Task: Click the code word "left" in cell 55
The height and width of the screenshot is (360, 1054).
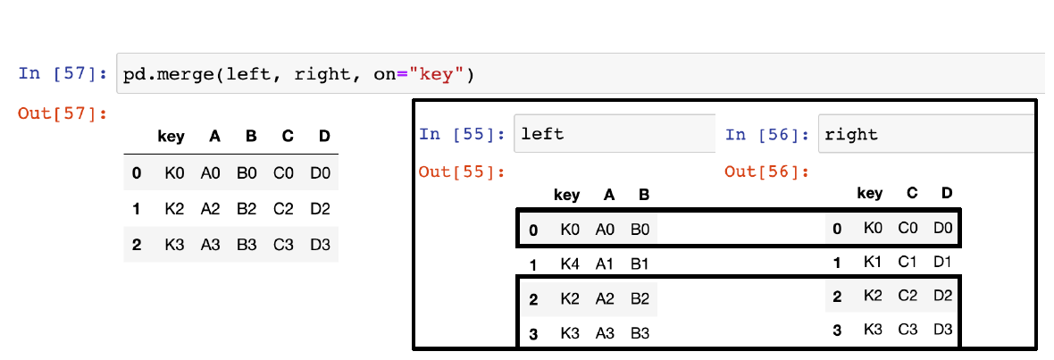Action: [x=541, y=135]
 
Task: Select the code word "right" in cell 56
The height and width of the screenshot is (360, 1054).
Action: [x=851, y=135]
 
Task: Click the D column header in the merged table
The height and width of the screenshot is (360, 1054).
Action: [x=323, y=137]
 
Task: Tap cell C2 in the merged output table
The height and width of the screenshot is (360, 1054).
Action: [x=286, y=209]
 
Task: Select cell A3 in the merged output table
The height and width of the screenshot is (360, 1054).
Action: [x=210, y=245]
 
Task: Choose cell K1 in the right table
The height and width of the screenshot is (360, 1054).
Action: [x=873, y=263]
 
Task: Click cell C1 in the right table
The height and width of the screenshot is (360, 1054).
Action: [x=908, y=263]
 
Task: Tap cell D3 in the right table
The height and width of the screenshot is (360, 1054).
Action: [x=943, y=331]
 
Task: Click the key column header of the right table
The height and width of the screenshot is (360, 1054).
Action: [x=869, y=193]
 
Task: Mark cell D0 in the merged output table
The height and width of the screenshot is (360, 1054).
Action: [x=322, y=172]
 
